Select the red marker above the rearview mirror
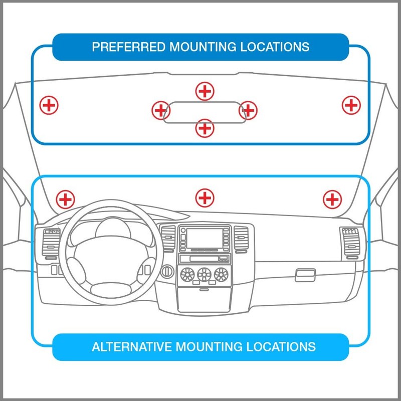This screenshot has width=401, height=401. pos(204,91)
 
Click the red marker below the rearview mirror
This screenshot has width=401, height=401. pos(204,128)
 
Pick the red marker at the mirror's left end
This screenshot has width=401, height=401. pos(160,110)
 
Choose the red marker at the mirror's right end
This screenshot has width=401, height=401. pos(248,110)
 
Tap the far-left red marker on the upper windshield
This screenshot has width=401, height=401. pos(49,105)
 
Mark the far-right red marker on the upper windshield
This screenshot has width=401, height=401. pos(351,105)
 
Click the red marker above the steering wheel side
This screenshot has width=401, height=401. pos(64,199)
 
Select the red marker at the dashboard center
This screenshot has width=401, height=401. pos(204,197)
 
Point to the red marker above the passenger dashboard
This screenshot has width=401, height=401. pos(331,199)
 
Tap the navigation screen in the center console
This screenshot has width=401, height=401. pos(203,238)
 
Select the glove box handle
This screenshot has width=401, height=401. pos(305,274)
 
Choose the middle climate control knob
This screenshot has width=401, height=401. pos(204,274)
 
